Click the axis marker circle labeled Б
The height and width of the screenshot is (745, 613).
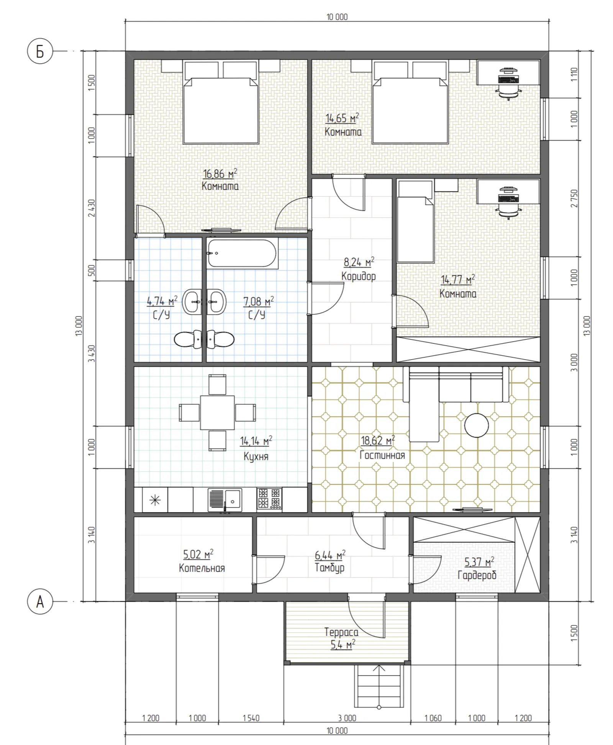tap(40, 51)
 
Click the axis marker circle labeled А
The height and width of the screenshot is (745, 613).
tap(40, 602)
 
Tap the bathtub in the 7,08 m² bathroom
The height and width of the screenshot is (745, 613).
tap(242, 253)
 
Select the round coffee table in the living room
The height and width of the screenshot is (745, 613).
tap(477, 425)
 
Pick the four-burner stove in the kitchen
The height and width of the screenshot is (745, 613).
tap(269, 498)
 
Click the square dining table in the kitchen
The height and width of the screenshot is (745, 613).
tap(217, 413)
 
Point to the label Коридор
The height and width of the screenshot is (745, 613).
tap(359, 276)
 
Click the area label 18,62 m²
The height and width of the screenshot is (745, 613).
tap(378, 440)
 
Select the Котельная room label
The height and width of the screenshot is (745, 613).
tap(202, 568)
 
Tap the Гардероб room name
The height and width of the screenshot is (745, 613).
tap(477, 575)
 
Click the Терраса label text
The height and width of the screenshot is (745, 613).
tap(341, 632)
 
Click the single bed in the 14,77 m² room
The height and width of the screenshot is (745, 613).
tap(415, 222)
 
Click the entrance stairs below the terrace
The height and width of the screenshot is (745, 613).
tap(379, 687)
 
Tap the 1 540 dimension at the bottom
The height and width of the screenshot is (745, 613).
tap(251, 718)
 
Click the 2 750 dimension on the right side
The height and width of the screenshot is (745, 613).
tap(574, 198)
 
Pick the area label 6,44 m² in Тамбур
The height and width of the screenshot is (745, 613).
tap(330, 555)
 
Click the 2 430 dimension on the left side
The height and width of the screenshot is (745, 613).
tap(92, 208)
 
